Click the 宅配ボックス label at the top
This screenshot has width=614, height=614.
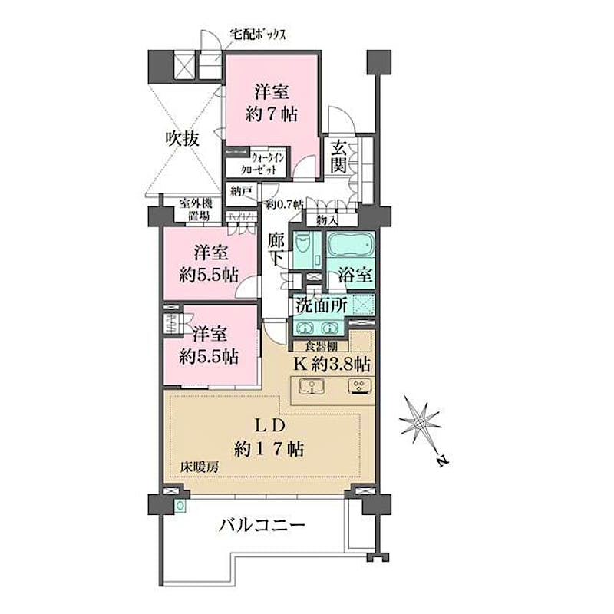(258, 35)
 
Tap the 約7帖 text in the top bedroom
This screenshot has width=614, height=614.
(272, 114)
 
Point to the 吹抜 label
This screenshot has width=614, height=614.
(182, 138)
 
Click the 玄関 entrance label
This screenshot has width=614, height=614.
(338, 157)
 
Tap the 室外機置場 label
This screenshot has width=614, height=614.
(196, 210)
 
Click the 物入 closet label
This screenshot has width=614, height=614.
(327, 220)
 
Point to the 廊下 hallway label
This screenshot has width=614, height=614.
(276, 249)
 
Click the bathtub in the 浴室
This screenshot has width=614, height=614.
(351, 246)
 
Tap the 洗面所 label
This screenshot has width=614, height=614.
(321, 305)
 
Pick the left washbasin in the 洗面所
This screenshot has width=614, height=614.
(304, 328)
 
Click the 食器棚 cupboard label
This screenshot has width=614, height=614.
(321, 347)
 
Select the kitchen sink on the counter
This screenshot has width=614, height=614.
(312, 387)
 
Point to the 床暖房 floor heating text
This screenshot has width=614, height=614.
(200, 467)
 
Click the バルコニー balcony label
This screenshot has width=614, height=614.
(262, 525)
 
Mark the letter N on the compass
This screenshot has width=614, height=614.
(443, 461)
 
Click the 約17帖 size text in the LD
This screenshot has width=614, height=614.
(269, 449)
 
